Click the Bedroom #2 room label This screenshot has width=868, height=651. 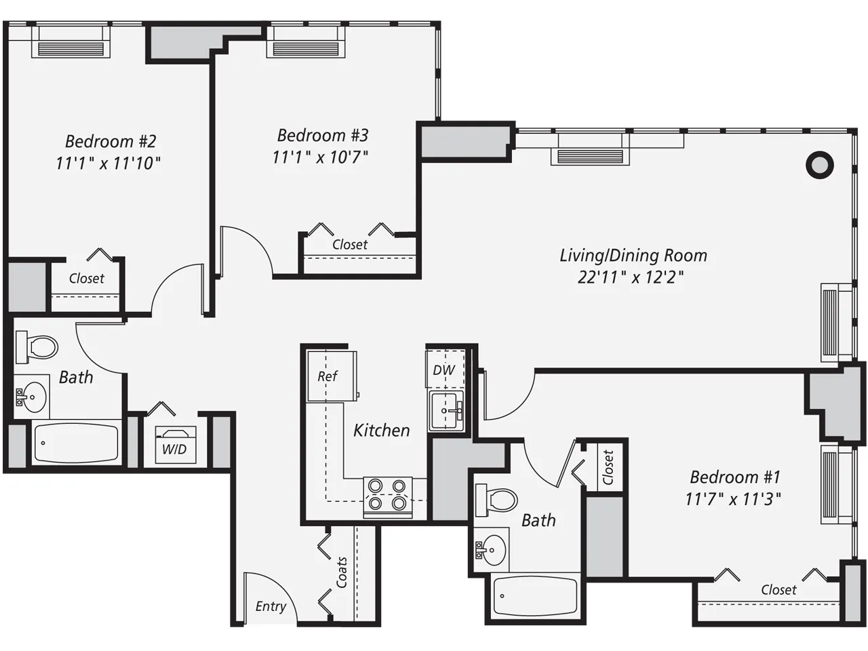tap(111, 141)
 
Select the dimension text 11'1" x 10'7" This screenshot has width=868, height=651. tap(320, 157)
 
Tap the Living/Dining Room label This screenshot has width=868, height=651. tap(633, 256)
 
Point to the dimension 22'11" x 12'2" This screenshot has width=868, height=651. tap(630, 277)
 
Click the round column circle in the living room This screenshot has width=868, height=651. tap(819, 165)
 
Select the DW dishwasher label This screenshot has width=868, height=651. tap(444, 370)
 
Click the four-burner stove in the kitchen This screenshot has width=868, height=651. tap(388, 495)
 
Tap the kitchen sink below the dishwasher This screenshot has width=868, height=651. tap(446, 410)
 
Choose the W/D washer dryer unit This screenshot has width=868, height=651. tap(175, 446)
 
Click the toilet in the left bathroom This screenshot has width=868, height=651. tap(38, 347)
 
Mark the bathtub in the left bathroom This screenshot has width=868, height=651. tap(76, 443)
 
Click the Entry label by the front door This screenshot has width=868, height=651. tap(271, 606)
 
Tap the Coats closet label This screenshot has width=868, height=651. tap(342, 572)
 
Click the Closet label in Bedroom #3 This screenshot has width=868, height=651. tap(350, 245)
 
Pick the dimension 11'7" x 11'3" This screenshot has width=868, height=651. tap(733, 499)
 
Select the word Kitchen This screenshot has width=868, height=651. tap(382, 430)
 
